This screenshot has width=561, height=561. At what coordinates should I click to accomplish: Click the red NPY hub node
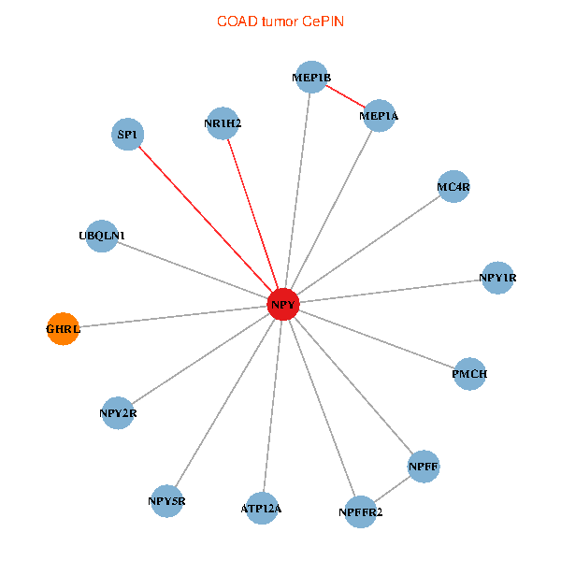283,304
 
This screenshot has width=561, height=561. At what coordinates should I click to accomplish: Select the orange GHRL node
63,329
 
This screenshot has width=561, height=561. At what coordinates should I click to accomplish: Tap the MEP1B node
311,77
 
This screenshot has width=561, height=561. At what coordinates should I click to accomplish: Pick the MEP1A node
379,116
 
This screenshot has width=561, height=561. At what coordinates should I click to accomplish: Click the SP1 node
128,134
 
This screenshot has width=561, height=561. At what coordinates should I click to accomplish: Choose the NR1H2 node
223,123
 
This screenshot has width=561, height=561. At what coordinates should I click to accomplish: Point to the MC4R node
453,186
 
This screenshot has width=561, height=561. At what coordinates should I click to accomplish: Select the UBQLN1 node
102,237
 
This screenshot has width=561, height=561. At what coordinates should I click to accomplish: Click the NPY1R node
497,278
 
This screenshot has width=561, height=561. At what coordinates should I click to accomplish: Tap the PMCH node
469,374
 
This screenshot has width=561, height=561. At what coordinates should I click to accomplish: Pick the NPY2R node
118,413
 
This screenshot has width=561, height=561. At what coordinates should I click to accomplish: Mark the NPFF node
424,467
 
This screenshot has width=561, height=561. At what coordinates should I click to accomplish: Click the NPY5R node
166,501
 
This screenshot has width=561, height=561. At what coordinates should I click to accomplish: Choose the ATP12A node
262,508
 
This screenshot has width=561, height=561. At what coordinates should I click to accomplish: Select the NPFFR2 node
361,512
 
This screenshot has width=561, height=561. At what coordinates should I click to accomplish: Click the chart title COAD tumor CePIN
280,22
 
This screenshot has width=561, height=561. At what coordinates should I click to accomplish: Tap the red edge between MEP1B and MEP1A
345,96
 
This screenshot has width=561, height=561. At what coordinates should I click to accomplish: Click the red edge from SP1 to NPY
206,220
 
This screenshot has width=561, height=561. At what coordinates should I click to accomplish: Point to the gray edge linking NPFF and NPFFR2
392,489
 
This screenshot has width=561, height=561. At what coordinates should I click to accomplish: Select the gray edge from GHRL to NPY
173,317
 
